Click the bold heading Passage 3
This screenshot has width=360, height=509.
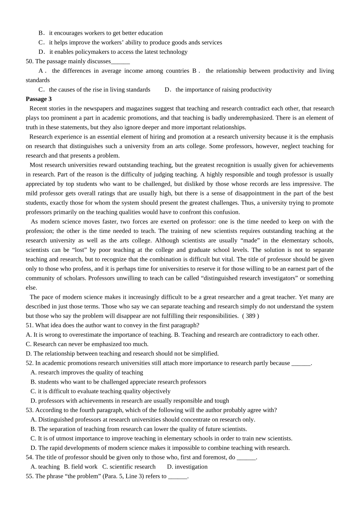point(39,99)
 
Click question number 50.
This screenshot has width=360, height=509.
point(29,61)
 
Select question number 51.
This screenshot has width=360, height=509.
point(29,325)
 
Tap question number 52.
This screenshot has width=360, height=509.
point(29,363)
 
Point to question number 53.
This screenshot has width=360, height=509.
point(29,410)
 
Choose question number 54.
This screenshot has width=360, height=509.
point(29,457)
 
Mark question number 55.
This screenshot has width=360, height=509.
point(29,476)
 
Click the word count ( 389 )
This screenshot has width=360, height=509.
point(250,316)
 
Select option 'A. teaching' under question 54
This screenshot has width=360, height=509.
point(45,467)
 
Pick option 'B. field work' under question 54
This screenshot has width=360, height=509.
point(81,467)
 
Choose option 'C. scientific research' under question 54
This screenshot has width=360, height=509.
point(129,467)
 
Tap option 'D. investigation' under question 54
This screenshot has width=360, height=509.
point(187,467)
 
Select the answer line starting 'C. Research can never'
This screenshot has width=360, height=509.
point(87,344)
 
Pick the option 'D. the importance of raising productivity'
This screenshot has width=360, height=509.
point(218,90)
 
